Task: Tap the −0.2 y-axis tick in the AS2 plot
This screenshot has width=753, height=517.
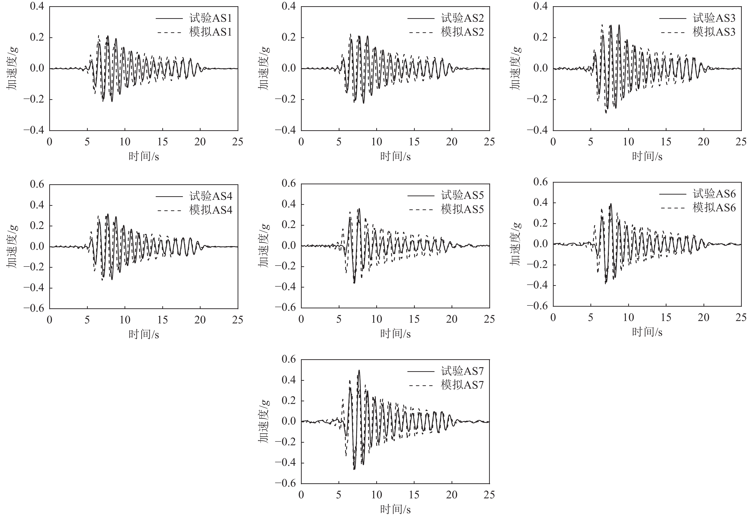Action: pyautogui.click(x=285, y=99)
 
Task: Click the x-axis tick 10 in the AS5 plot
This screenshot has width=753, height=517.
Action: pyautogui.click(x=376, y=319)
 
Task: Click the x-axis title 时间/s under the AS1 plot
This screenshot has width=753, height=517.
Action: pyautogui.click(x=143, y=157)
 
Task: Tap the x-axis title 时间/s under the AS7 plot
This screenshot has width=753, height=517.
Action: pyautogui.click(x=395, y=510)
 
